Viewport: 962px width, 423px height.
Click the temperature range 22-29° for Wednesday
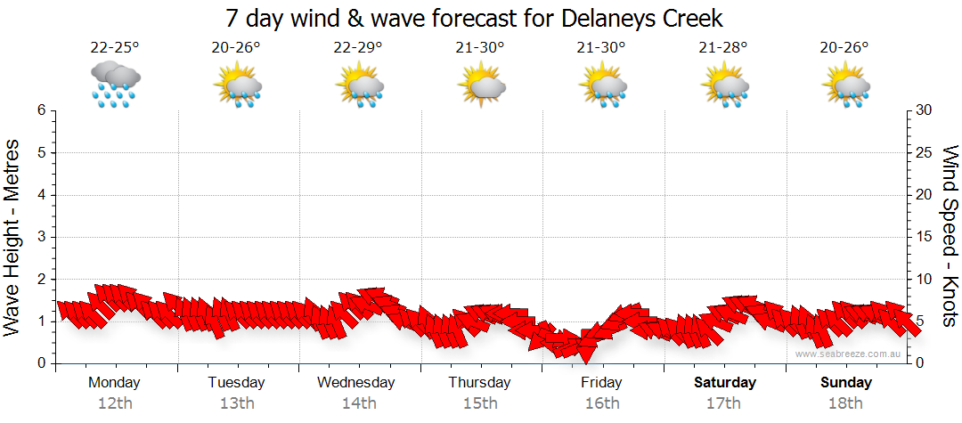click(x=358, y=47)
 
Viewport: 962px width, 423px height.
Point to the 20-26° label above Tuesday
click(x=236, y=47)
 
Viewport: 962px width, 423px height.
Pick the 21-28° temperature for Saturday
click(x=723, y=47)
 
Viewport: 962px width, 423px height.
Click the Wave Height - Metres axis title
click(x=13, y=236)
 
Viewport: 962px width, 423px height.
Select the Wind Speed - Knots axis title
click(x=950, y=236)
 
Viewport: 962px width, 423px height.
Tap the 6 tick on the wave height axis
click(x=41, y=110)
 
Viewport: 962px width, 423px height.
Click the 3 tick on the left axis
click(x=41, y=237)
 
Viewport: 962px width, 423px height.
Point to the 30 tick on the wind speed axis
click(x=925, y=110)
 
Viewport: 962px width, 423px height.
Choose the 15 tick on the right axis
click(x=925, y=237)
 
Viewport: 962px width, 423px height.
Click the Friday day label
click(x=602, y=383)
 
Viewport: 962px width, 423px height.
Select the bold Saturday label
click(x=724, y=383)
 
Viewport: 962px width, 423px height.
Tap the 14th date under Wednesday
click(x=358, y=403)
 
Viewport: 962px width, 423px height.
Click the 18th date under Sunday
click(x=846, y=403)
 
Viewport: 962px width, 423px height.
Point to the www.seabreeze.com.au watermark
click(x=849, y=354)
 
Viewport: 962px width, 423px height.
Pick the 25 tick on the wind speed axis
click(x=925, y=152)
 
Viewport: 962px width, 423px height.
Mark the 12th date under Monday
click(x=114, y=403)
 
